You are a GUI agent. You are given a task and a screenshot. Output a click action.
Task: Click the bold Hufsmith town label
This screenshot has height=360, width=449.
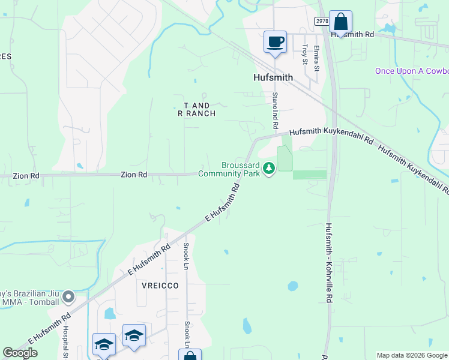pyautogui.click(x=273, y=77)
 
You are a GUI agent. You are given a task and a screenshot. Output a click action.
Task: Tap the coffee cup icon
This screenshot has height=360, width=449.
pyautogui.click(x=275, y=42)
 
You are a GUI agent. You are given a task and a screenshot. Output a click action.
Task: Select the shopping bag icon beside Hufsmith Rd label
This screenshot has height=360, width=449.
pyautogui.click(x=340, y=22)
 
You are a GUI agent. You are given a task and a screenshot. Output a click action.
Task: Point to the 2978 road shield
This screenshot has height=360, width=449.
pyautogui.click(x=321, y=21)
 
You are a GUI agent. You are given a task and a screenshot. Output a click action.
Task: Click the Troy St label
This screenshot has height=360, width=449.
pyautogui.click(x=305, y=55)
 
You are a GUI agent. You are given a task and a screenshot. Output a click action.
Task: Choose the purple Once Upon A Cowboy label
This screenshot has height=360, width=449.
pyautogui.click(x=412, y=71)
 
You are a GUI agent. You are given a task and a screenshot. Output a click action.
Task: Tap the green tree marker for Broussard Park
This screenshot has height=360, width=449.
pyautogui.click(x=270, y=168)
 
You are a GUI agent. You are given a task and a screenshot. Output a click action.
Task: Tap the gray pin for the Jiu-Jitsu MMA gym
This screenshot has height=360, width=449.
pyautogui.click(x=70, y=296)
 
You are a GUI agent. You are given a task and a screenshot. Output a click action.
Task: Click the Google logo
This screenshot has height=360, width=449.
pyautogui.click(x=20, y=353)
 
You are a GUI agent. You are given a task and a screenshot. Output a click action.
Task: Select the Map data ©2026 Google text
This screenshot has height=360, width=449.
pyautogui.click(x=412, y=355)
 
